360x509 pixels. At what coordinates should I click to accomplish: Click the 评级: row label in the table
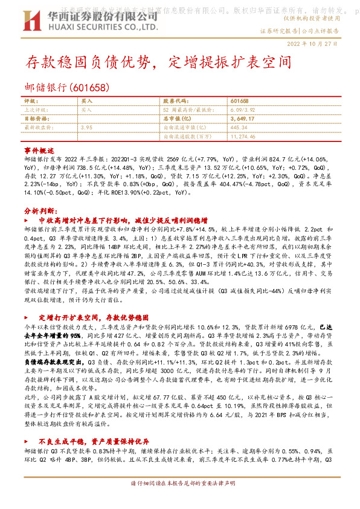(31, 102)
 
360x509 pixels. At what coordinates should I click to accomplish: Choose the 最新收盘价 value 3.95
(86, 128)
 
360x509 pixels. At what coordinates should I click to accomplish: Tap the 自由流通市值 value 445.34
(239, 128)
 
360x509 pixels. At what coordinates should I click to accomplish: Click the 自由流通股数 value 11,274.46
(243, 137)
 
